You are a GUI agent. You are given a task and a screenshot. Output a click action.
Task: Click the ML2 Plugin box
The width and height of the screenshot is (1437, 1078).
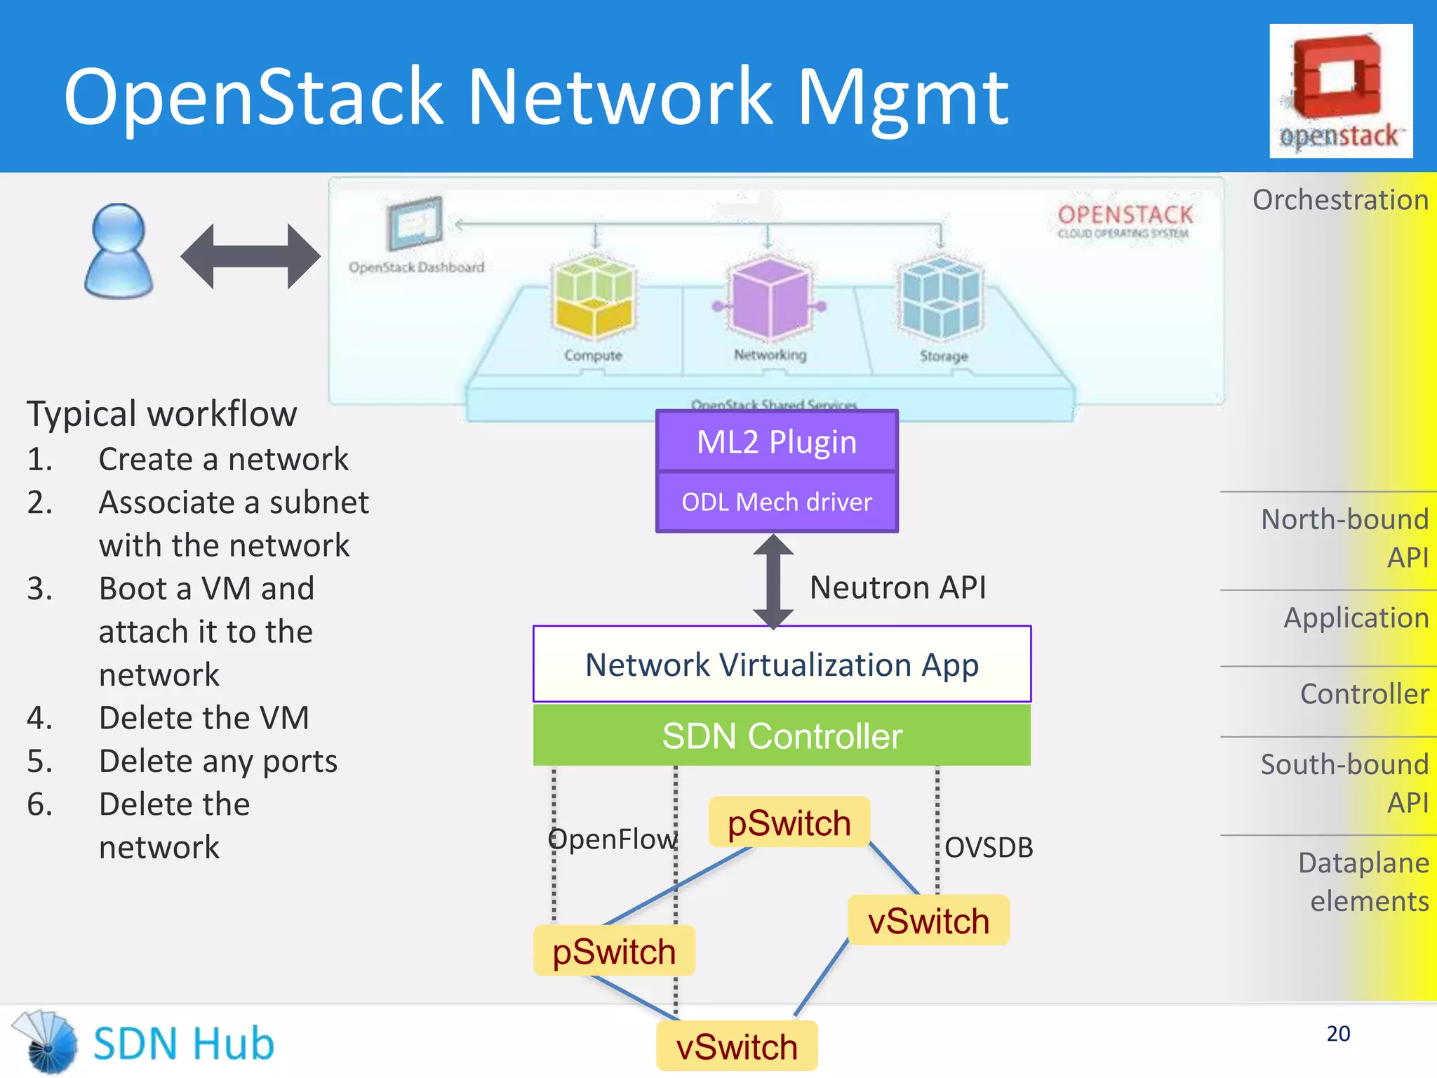pos(777,442)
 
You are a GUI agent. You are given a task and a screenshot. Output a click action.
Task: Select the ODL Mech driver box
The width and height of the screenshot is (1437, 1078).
pos(777,502)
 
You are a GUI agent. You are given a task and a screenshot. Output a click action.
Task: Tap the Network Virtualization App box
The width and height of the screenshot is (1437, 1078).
pos(782,665)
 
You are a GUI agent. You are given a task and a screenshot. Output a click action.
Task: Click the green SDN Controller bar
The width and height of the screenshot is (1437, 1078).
pos(782,736)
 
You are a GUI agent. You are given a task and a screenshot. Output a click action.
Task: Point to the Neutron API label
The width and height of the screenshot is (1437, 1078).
pos(897,587)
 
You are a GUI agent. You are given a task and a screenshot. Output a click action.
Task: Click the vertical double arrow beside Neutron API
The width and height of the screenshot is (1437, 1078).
pos(773,581)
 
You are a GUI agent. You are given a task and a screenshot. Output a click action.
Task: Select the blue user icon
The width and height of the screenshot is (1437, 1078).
pos(118,251)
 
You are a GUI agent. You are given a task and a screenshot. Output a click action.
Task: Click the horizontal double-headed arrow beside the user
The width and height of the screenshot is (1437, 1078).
pos(250,256)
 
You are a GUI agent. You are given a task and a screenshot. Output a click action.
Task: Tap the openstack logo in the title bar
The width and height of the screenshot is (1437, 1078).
pos(1340,91)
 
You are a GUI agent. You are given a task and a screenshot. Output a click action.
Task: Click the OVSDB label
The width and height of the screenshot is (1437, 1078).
pos(988,848)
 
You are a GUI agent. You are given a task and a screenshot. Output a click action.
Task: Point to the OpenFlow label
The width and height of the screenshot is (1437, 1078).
pos(612,839)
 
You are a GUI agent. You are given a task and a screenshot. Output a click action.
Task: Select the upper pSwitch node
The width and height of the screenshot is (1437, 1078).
pos(789,823)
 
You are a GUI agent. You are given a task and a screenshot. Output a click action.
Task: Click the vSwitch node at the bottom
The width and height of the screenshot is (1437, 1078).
pos(737,1046)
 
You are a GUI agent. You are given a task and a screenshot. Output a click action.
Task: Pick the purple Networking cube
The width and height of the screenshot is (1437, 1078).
pos(770,298)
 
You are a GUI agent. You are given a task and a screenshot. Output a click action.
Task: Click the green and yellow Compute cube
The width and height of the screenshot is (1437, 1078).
pos(594,296)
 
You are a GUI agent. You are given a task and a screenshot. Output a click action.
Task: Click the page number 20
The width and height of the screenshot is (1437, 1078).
pos(1338,1033)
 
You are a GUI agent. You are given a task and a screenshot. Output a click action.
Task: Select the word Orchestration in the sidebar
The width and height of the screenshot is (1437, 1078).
pos(1340,200)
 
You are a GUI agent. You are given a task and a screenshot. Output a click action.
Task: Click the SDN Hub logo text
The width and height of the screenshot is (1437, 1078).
pos(184,1044)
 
